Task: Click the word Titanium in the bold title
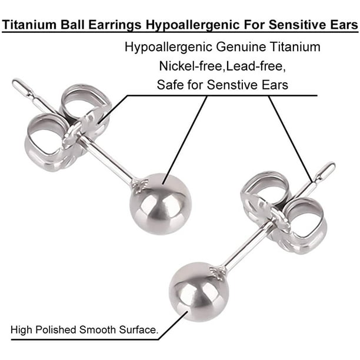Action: click(x=29, y=25)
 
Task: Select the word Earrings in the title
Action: click(x=115, y=25)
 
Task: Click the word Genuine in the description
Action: click(x=241, y=47)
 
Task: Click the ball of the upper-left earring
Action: click(x=160, y=204)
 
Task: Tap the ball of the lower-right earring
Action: click(x=199, y=292)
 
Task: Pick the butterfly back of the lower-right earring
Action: click(x=284, y=212)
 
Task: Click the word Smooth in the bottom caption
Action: click(x=98, y=330)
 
